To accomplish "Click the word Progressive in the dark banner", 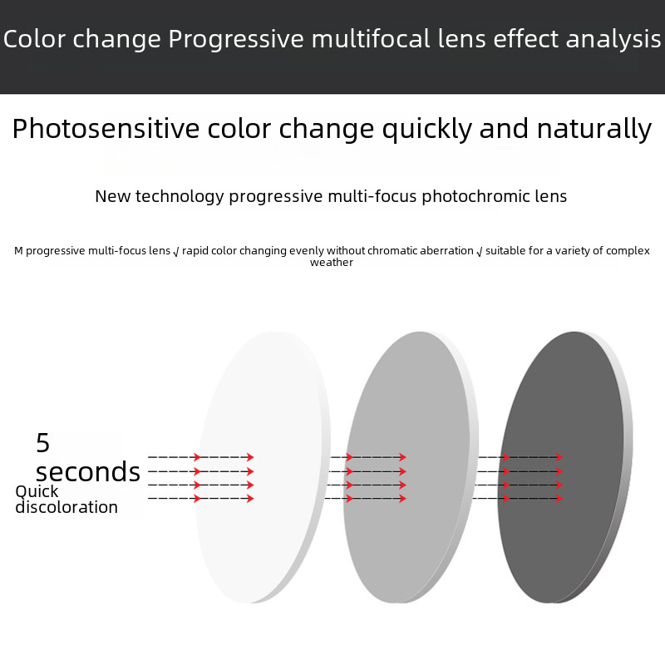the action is (x=236, y=40).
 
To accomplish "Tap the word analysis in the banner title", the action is (x=613, y=39).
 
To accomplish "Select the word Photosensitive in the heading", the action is (x=106, y=129).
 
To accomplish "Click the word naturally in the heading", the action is (x=594, y=129).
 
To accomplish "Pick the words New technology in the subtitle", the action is (x=160, y=197).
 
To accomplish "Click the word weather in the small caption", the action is (x=331, y=263).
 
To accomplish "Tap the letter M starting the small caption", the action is (x=18, y=251).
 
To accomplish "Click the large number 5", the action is (x=43, y=443).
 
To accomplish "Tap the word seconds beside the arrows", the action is (x=88, y=471).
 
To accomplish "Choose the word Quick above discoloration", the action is (x=37, y=491).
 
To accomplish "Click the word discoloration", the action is (x=66, y=507).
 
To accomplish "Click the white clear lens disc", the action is (x=263, y=467).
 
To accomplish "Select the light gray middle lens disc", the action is (x=411, y=467).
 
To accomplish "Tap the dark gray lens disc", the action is (x=565, y=467).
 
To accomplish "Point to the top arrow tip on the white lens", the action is (x=254, y=456).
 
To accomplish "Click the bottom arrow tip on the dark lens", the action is (x=563, y=498).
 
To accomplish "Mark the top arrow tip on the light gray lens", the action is (x=406, y=456).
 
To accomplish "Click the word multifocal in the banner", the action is (x=371, y=39).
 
